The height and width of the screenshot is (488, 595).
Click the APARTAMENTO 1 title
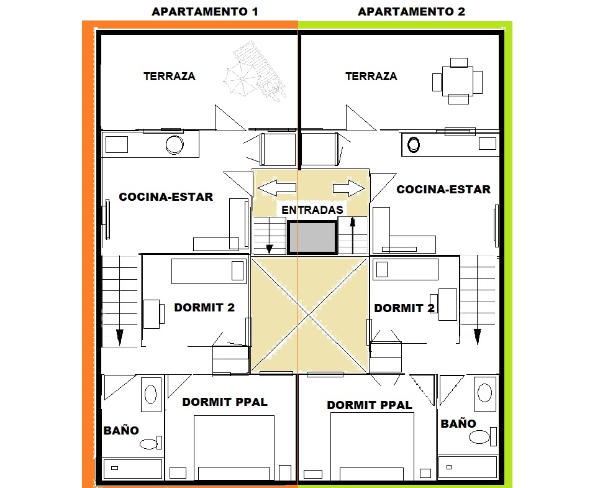[x=205, y=12]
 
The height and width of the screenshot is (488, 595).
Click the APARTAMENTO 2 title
[x=411, y=12]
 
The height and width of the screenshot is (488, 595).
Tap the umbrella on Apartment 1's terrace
[x=239, y=81]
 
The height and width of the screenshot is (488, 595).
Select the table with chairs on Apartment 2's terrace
[x=457, y=81]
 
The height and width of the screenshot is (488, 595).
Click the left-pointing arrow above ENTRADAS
[x=276, y=188]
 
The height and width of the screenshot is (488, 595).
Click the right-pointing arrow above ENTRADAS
[x=349, y=188]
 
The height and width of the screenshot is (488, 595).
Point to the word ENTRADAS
[x=312, y=209]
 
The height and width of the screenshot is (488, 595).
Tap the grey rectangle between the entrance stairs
[x=312, y=237]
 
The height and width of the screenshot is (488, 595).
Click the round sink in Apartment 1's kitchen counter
[x=175, y=145]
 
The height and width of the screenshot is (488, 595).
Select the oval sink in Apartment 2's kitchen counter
[x=414, y=144]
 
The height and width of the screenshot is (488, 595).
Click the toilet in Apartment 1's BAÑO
[x=151, y=443]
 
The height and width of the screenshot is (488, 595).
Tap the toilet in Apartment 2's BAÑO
[x=483, y=436]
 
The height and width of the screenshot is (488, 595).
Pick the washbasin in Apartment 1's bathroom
[x=151, y=394]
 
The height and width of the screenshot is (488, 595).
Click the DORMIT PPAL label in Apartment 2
[x=369, y=405]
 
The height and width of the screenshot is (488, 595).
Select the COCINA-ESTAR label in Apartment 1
[x=166, y=196]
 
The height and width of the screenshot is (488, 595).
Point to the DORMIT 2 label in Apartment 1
[x=204, y=307]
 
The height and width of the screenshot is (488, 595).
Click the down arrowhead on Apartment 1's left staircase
[x=119, y=337]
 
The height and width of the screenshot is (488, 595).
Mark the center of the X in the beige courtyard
[x=310, y=315]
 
